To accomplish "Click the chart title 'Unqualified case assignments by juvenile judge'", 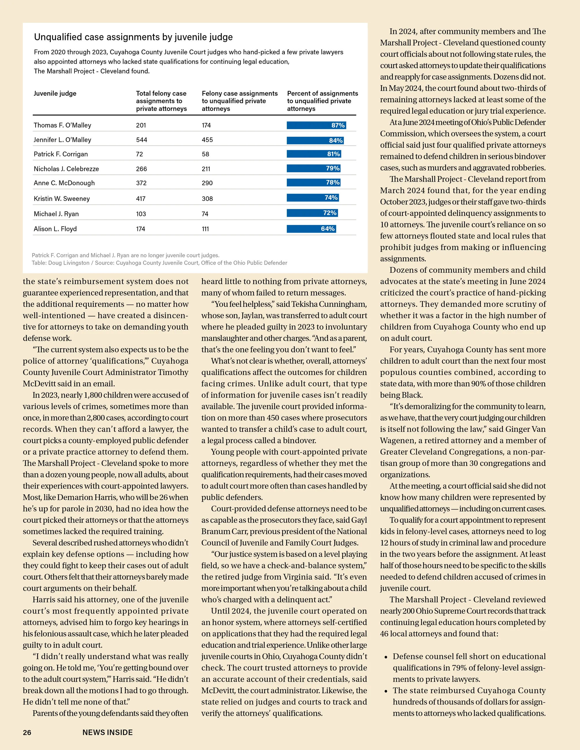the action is point(133,37).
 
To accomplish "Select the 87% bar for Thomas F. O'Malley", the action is point(316,125).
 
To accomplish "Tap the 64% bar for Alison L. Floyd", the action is point(311,229).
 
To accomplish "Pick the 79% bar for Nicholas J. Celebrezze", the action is point(314,168).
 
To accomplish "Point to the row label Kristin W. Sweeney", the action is point(62,199).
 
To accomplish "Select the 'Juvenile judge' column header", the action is point(55,93).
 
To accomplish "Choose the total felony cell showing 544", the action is point(142,140).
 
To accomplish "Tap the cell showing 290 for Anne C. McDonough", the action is point(207,183).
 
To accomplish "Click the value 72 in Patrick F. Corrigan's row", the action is point(139,154).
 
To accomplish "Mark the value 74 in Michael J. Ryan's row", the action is point(205,214).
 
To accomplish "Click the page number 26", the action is point(27,733).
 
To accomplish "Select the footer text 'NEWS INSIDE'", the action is point(108,733).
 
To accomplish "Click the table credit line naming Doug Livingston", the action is point(159,263).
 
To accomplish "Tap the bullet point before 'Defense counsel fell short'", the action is point(386,657).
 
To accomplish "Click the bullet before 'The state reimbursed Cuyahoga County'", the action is point(386,691).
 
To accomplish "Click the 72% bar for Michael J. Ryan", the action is point(312,213).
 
